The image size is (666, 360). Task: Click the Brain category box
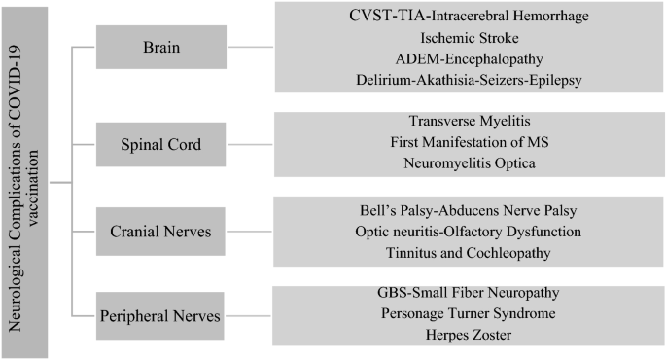coord(161,47)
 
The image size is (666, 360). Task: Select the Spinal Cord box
coord(161,145)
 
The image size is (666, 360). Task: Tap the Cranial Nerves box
coord(160,232)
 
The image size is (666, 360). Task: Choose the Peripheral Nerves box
coord(160,316)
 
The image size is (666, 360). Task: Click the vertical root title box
coord(24,183)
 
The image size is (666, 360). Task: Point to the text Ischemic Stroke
coord(470,38)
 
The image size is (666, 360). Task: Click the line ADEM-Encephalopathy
coord(469,59)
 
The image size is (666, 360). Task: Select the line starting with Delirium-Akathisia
coord(469,80)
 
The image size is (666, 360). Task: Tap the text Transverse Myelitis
coord(470,121)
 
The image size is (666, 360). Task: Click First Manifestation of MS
coord(470,142)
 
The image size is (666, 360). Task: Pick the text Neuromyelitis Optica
coord(470,163)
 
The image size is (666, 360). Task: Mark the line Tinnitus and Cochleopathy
coord(468,253)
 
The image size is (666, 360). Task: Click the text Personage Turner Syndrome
coord(468,313)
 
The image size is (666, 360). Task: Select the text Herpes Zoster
coord(469,335)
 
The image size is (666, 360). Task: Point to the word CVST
coord(367,16)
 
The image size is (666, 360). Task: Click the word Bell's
coord(376,210)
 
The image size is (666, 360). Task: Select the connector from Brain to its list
coord(251,47)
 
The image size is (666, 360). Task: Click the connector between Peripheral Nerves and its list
coord(248,316)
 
